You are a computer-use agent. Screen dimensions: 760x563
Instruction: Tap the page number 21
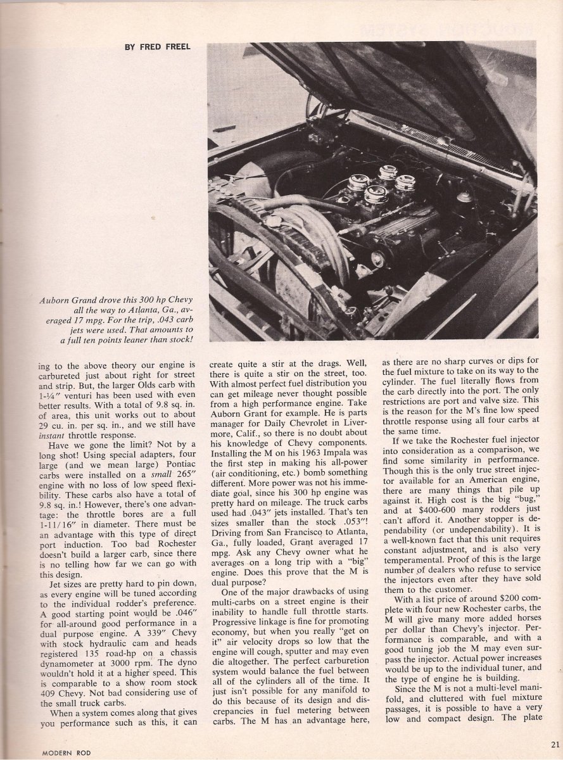pos(555,744)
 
